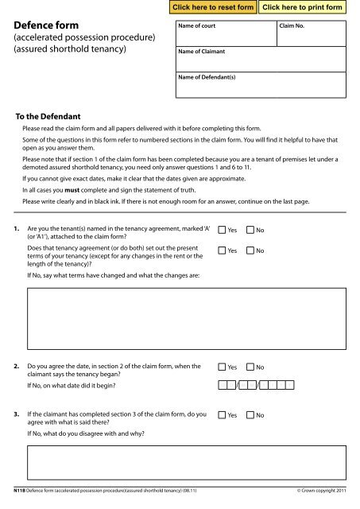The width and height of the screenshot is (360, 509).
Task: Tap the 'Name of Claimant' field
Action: point(262,60)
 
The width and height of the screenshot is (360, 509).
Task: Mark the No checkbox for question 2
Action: point(251,370)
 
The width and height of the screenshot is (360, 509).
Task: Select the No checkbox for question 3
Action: point(251,415)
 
